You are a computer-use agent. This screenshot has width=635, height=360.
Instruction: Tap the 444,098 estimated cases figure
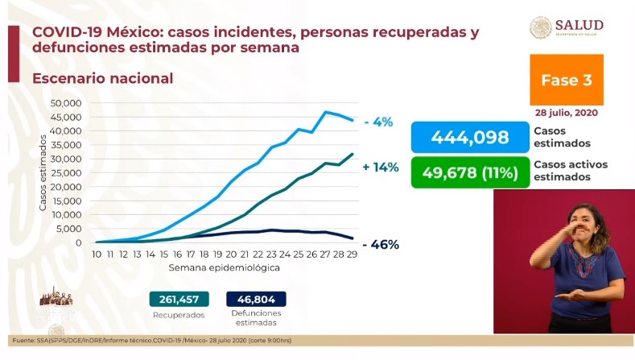tap(470, 137)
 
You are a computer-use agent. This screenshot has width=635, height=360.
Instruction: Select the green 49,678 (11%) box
tap(470, 172)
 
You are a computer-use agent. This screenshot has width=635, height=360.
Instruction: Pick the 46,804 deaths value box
tap(256, 299)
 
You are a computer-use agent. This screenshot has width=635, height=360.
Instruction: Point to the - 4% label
tap(377, 122)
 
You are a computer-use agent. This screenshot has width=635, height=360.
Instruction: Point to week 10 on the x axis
tap(97, 254)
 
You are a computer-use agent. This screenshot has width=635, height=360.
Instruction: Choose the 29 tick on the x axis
tap(353, 254)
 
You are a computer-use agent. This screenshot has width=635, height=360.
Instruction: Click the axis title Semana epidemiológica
tap(224, 267)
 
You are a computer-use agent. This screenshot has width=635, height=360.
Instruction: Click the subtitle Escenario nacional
tap(101, 78)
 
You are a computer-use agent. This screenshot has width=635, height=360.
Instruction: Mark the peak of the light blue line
tap(326, 112)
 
